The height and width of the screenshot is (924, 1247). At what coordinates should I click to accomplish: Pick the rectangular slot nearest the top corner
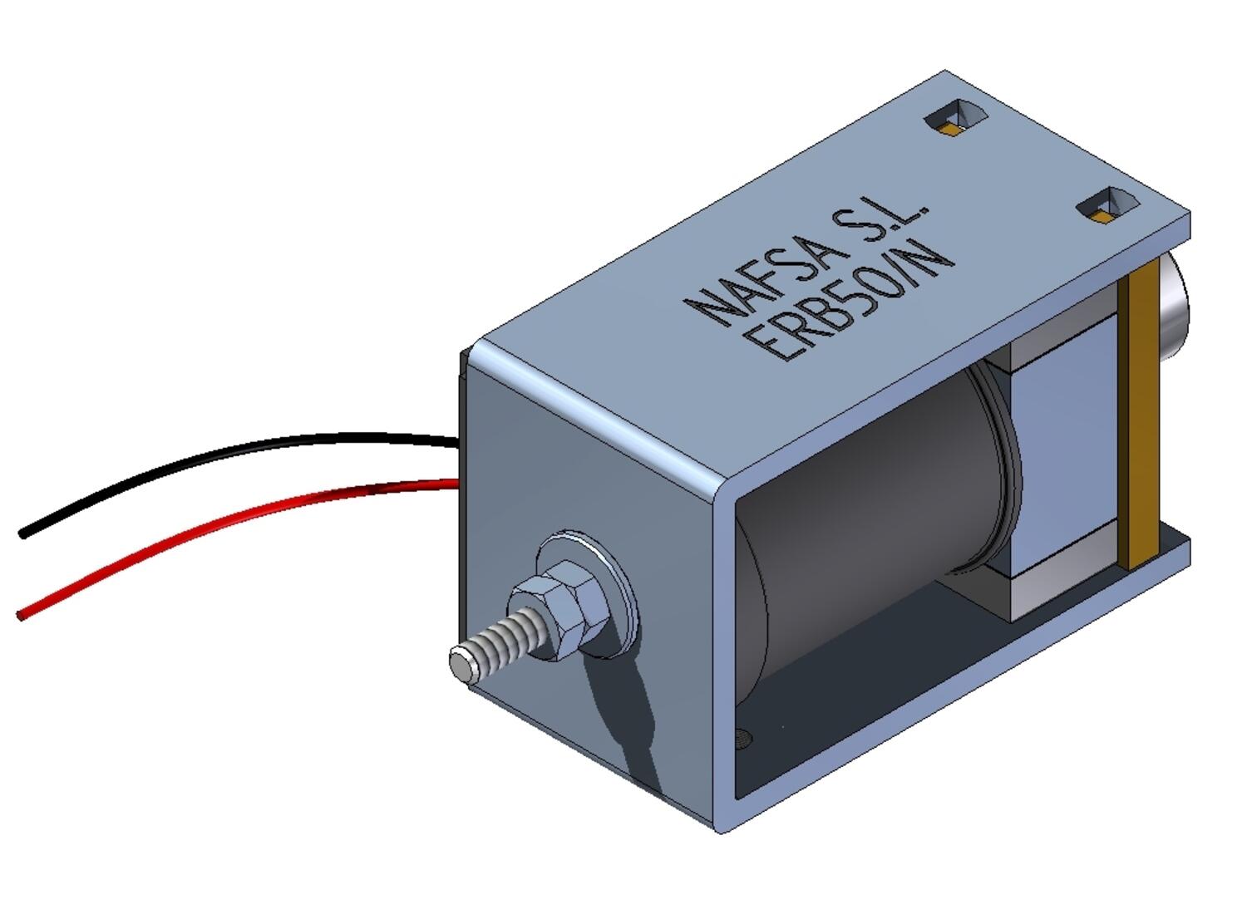tap(956, 116)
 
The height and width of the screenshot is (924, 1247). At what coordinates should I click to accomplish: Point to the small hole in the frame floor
tap(742, 736)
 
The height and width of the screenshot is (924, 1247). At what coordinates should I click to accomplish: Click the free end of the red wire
tap(22, 615)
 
